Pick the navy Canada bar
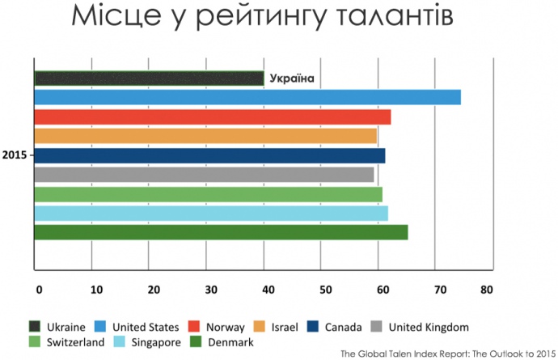[x=209, y=155]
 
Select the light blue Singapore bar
[x=211, y=213]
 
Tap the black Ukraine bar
[x=149, y=78]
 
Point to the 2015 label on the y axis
[x=15, y=155]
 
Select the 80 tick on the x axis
[x=486, y=289]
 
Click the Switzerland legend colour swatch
[x=35, y=342]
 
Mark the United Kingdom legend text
[x=429, y=328]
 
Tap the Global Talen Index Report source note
[x=445, y=353]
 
